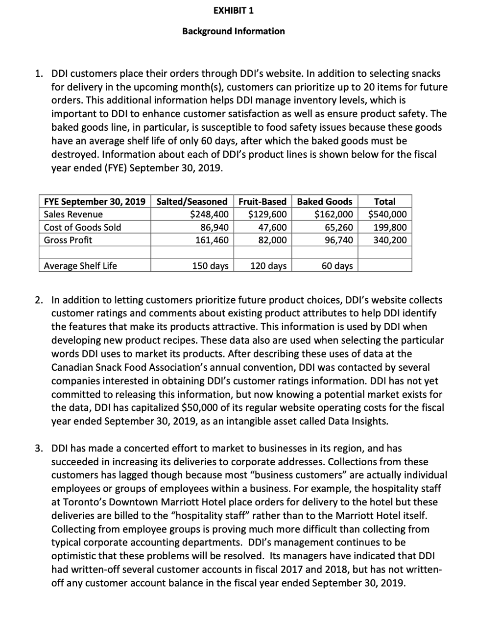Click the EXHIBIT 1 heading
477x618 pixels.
(234, 10)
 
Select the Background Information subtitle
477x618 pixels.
(233, 31)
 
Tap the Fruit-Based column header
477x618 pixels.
(262, 201)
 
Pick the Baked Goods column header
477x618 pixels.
(324, 201)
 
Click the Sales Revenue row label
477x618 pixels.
(73, 214)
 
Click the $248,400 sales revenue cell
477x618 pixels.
(209, 214)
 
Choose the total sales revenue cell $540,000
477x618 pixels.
(387, 214)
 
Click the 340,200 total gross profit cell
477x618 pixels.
(390, 240)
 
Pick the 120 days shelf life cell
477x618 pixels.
(268, 265)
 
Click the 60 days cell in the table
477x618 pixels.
(337, 265)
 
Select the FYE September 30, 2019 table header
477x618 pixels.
(95, 201)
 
